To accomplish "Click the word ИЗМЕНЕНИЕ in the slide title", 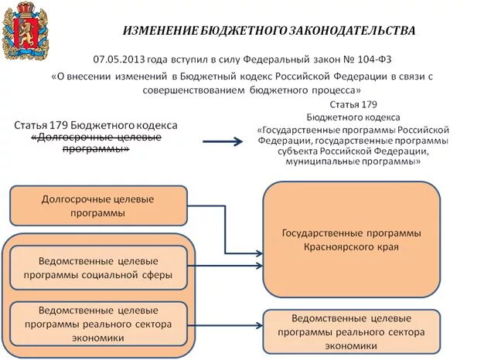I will pos(159,31).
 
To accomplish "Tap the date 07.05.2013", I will pos(118,59).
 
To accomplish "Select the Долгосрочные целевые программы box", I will pos(97,205).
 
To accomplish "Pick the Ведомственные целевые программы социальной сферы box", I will pos(97,267).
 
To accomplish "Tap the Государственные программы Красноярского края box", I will pos(351,239).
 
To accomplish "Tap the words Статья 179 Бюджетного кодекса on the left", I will pos(96,125).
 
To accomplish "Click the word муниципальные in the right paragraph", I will pos(318,162).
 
